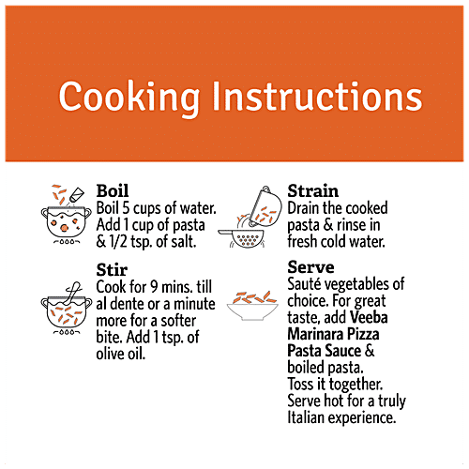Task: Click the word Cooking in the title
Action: click(x=129, y=98)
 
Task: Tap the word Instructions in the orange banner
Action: click(x=317, y=96)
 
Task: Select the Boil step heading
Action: click(x=113, y=190)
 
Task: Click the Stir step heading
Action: click(x=112, y=269)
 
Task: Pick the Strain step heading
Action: click(x=312, y=190)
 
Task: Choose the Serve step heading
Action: click(x=310, y=267)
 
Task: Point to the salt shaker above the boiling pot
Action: click(x=77, y=194)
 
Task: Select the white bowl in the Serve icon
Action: click(x=252, y=312)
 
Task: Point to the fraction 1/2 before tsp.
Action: click(x=118, y=242)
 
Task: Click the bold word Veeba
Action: click(x=369, y=317)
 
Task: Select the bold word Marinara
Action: click(x=315, y=334)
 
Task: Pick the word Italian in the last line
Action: click(x=306, y=417)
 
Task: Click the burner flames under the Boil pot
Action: click(x=67, y=242)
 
